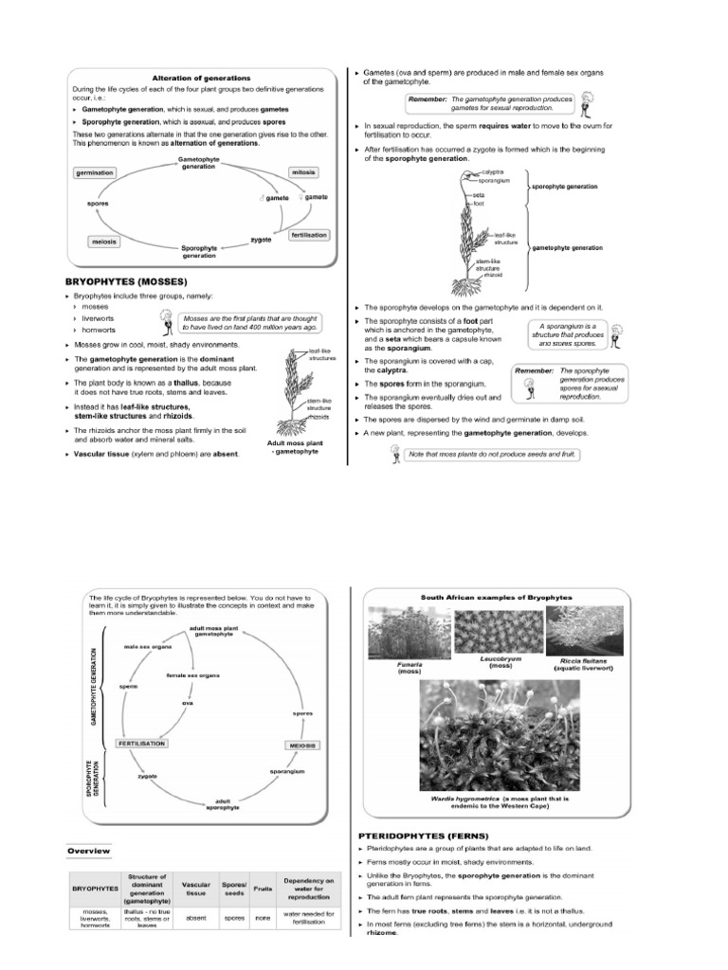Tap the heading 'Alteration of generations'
pos(202,77)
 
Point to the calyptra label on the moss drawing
pos(494,171)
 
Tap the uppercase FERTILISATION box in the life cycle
pos(141,744)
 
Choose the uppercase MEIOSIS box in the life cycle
pos(297,745)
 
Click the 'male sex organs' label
pos(147,647)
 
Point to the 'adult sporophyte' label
pos(223,803)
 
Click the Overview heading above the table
pos(88,851)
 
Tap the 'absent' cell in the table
pos(195,918)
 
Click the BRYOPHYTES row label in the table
pos(95,889)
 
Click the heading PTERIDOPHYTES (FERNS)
pos(423,835)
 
